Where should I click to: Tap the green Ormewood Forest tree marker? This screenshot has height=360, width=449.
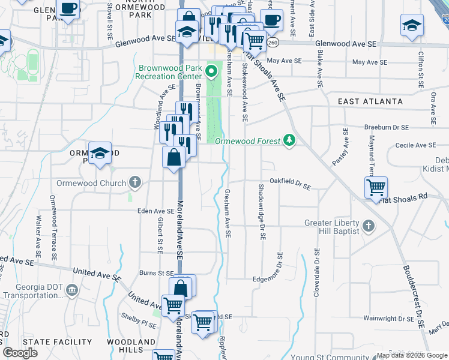pyautogui.click(x=290, y=140)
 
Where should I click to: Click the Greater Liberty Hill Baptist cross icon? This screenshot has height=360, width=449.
pyautogui.click(x=369, y=226)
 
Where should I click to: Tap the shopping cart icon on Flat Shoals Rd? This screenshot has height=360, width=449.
pyautogui.click(x=376, y=188)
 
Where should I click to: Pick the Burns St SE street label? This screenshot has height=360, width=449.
pyautogui.click(x=155, y=273)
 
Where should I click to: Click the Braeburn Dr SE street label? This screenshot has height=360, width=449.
pyautogui.click(x=387, y=128)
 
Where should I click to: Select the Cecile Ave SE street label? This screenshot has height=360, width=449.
pyautogui.click(x=415, y=145)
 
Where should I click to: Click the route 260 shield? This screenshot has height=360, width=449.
pyautogui.click(x=274, y=43)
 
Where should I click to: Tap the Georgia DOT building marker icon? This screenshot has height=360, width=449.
pyautogui.click(x=71, y=290)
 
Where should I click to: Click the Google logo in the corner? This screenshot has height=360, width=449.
pyautogui.click(x=20, y=353)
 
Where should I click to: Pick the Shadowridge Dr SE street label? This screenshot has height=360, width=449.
pyautogui.click(x=262, y=212)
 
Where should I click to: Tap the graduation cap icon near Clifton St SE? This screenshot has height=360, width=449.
pyautogui.click(x=412, y=26)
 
